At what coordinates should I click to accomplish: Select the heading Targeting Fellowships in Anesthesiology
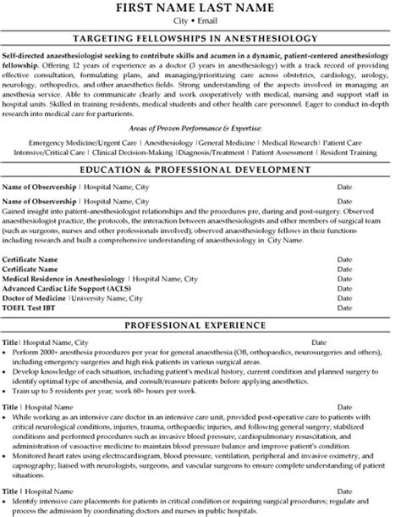tap(200, 38)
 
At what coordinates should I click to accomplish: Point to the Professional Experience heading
tap(200, 325)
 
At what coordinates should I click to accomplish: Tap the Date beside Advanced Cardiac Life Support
tap(345, 286)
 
